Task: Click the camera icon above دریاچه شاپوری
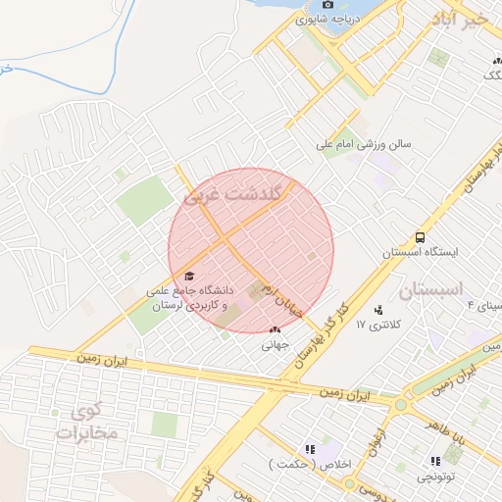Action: pos(327,5)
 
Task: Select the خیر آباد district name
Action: pos(464,19)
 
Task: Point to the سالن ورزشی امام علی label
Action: pos(364,143)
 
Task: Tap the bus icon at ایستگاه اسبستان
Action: pos(421,237)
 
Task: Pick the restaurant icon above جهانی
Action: pos(274,330)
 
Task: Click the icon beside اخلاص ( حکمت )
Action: pos(311,449)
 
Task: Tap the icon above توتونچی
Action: pos(434,460)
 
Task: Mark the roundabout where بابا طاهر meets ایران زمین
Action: pos(399,404)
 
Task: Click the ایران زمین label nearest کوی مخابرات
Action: pos(104,362)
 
